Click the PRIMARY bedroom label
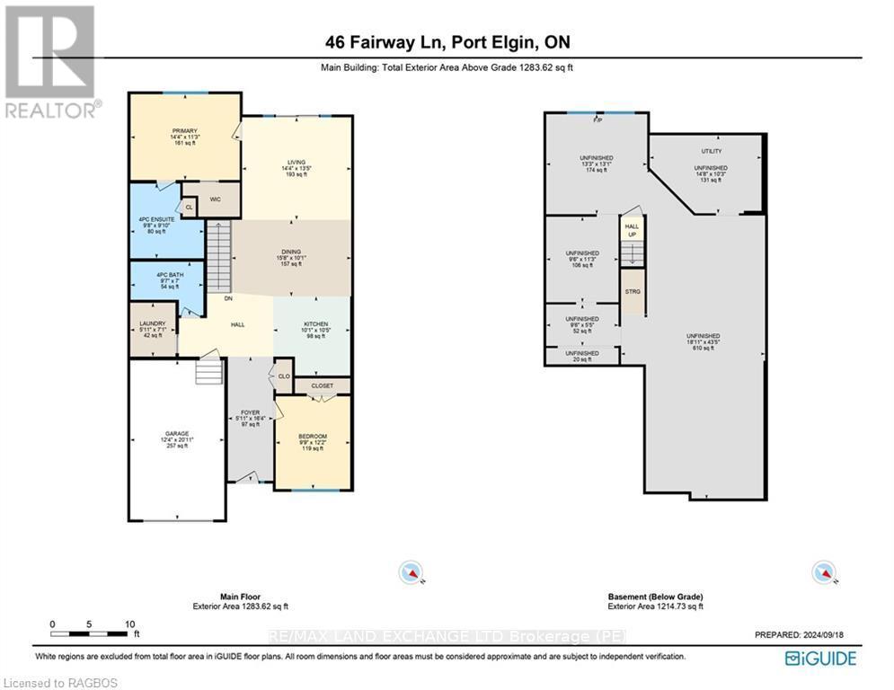184,131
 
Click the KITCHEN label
315,324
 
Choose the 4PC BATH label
165,273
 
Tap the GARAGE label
176,433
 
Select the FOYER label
250,412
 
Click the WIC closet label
216,199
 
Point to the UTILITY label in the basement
711,151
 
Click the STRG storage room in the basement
633,292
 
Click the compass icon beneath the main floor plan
412,571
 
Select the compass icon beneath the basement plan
821,571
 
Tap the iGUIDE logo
819,659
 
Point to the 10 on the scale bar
130,624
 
